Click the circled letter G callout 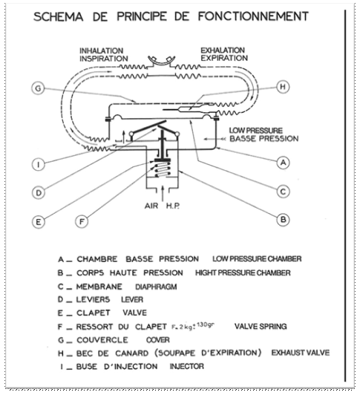[38, 88]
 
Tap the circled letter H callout [283, 87]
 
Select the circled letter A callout [283, 163]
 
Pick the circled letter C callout [283, 192]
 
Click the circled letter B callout [283, 220]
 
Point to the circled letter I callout [39, 165]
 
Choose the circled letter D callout [39, 193]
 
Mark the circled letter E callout [39, 222]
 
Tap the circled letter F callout [82, 222]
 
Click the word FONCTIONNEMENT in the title [253, 16]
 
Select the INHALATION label [101, 50]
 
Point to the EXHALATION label [223, 50]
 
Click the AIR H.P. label [163, 206]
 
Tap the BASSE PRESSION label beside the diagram [264, 139]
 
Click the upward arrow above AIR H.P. [163, 194]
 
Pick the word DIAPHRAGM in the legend [156, 287]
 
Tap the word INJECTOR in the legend [186, 366]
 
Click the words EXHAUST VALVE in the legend [301, 353]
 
